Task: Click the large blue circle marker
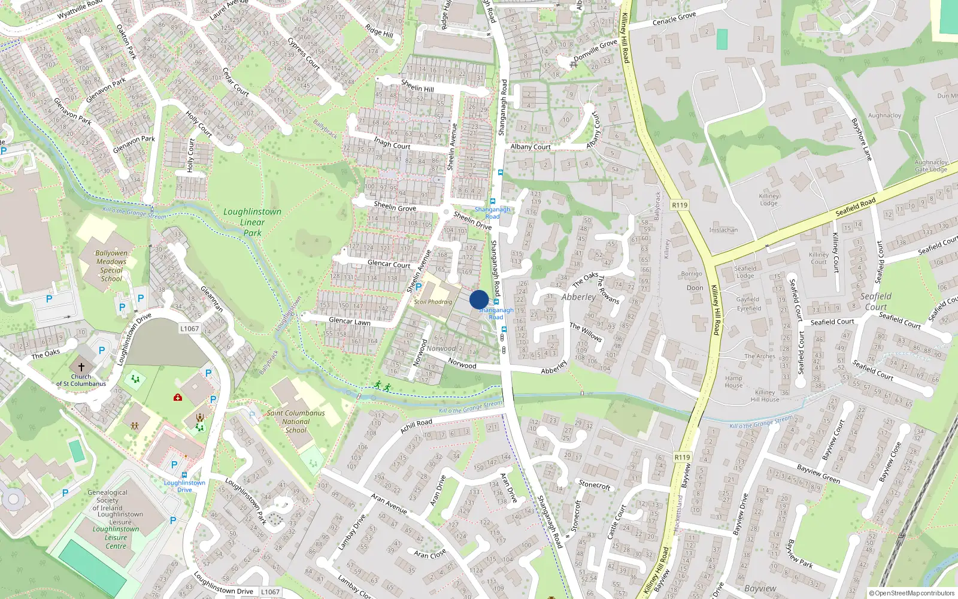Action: click(x=479, y=299)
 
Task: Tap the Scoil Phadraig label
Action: click(x=433, y=302)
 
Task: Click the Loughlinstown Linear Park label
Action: click(x=252, y=222)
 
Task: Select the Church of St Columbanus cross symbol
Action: click(x=81, y=366)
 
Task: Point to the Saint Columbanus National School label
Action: click(x=296, y=421)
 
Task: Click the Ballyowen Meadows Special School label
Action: click(x=111, y=265)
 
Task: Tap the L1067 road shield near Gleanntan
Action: click(x=189, y=328)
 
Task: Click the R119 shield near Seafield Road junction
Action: click(x=680, y=205)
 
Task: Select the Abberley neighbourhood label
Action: click(x=578, y=297)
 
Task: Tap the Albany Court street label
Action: click(x=530, y=147)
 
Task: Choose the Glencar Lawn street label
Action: click(x=350, y=322)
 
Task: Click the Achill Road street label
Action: click(x=416, y=425)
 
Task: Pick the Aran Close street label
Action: click(x=430, y=554)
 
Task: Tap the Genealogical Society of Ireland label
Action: click(x=108, y=500)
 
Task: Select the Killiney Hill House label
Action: click(x=765, y=396)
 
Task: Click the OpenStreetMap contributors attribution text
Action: click(x=912, y=593)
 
